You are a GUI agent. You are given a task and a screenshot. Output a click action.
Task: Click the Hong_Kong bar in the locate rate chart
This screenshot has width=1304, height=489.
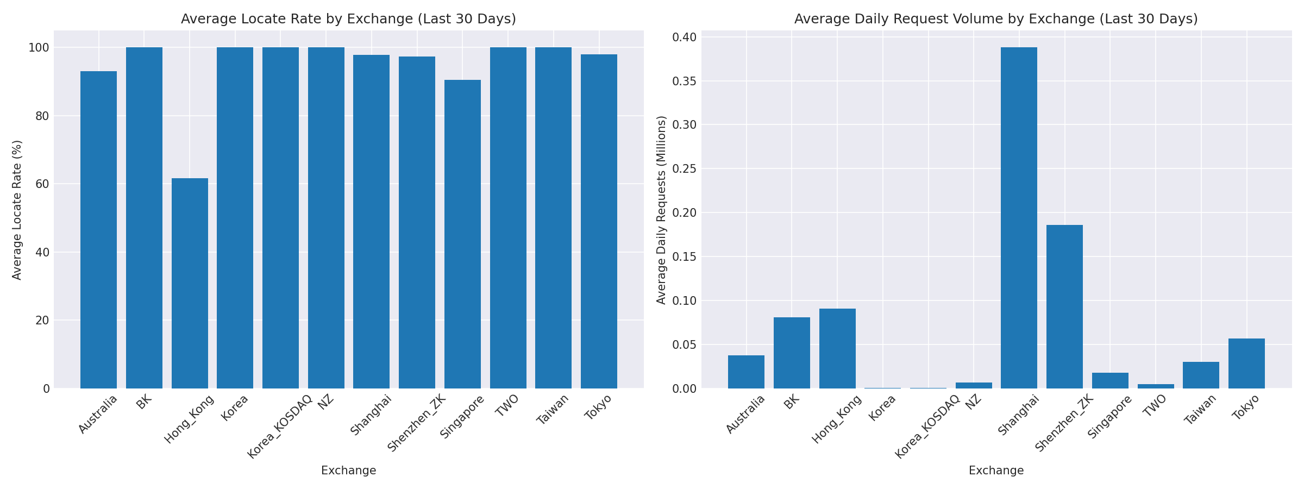[x=190, y=283]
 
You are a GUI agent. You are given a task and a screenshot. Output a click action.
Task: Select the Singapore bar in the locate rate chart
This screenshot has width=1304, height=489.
[x=462, y=234]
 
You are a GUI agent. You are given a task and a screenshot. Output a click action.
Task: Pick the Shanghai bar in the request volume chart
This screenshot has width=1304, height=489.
[x=1019, y=218]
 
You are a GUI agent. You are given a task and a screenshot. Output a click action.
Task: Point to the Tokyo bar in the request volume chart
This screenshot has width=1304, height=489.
[x=1246, y=363]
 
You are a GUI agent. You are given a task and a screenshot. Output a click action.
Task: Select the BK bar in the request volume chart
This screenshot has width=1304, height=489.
[x=792, y=353]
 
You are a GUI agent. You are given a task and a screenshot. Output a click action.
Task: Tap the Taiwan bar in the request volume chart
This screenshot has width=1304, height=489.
[x=1201, y=375]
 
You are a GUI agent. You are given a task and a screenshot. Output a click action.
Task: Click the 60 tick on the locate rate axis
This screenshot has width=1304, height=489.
[x=42, y=184]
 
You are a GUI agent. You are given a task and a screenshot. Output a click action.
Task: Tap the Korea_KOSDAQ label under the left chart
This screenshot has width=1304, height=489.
[x=280, y=427]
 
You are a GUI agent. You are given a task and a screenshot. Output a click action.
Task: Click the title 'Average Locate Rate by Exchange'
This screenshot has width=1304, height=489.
[x=348, y=19]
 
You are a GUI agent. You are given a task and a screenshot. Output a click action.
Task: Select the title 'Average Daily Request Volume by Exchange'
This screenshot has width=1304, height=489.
[x=996, y=19]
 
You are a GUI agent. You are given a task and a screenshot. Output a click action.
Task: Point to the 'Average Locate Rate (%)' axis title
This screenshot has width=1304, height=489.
[x=17, y=210]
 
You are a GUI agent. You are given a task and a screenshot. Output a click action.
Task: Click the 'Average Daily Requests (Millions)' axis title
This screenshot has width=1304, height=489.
[x=661, y=210]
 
